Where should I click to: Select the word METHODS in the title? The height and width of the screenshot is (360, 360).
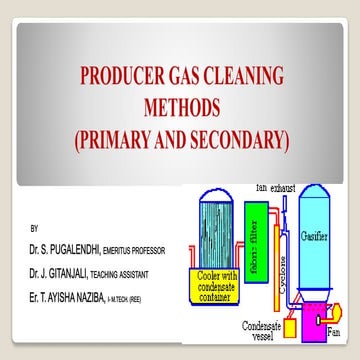[x=179, y=107]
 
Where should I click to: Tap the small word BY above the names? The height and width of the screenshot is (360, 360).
[x=35, y=227]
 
